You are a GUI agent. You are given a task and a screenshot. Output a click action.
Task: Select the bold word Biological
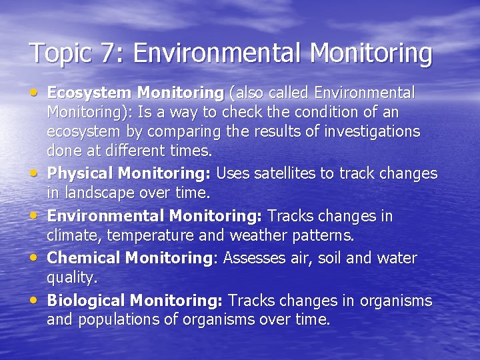point(87,301)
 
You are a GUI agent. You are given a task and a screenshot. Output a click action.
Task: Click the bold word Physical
point(80,173)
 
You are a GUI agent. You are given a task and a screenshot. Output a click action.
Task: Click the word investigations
point(372,131)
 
